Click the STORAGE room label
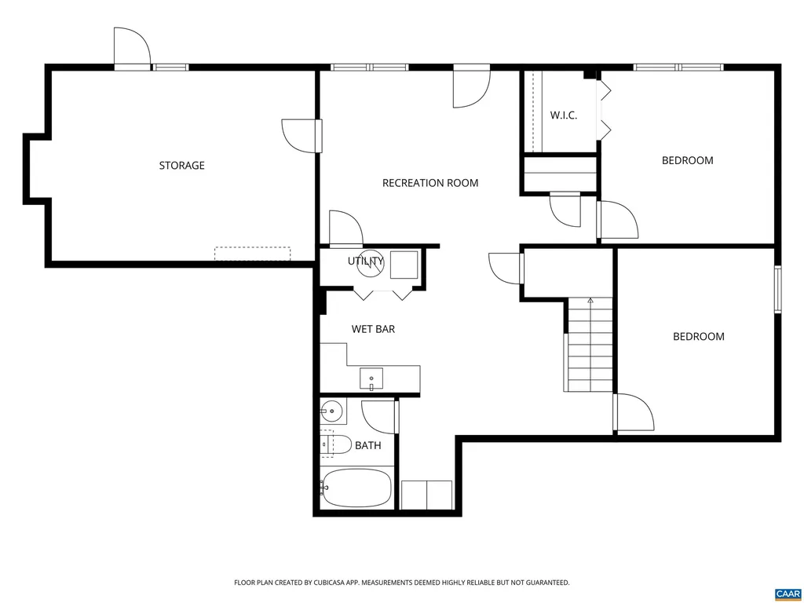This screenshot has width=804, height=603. (x=181, y=166)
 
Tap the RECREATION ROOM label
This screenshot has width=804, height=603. (x=429, y=183)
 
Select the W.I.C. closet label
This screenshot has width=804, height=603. (x=563, y=115)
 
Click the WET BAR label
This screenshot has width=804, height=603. (x=373, y=329)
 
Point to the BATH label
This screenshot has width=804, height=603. (x=367, y=445)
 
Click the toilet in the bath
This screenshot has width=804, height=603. (x=334, y=444)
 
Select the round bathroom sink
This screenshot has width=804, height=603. (x=332, y=411)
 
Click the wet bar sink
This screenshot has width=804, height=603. (x=371, y=379)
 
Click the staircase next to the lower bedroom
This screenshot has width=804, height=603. (x=589, y=345)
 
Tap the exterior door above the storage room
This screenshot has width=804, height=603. (x=130, y=49)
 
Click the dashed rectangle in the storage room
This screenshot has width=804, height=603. (x=252, y=254)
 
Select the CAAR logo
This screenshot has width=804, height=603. (x=787, y=593)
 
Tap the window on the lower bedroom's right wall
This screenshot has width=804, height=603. (x=777, y=290)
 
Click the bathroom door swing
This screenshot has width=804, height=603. (x=378, y=416)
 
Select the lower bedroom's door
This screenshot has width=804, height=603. (x=634, y=413)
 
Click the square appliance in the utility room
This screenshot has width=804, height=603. (x=404, y=264)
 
